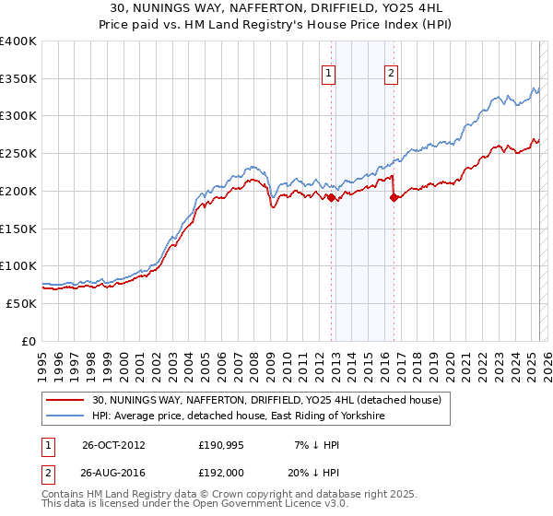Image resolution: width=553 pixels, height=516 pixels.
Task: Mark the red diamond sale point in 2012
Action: pos(332,195)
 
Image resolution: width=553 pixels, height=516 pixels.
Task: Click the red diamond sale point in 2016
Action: pos(394,195)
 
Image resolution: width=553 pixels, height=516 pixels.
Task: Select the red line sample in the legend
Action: pos(67,401)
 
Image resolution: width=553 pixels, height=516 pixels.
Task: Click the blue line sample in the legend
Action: pos(67,416)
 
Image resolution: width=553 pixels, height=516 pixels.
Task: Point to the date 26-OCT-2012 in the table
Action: pos(113,444)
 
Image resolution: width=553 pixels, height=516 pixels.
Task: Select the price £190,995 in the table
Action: pos(222,444)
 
